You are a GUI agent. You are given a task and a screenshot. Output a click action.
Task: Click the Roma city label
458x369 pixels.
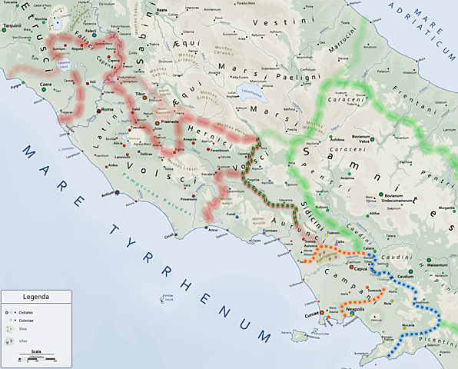coord(106,110)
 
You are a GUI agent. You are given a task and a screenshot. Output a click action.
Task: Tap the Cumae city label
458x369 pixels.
coord(311,314)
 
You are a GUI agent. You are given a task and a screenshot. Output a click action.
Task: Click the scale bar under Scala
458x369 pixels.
coord(37,359)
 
